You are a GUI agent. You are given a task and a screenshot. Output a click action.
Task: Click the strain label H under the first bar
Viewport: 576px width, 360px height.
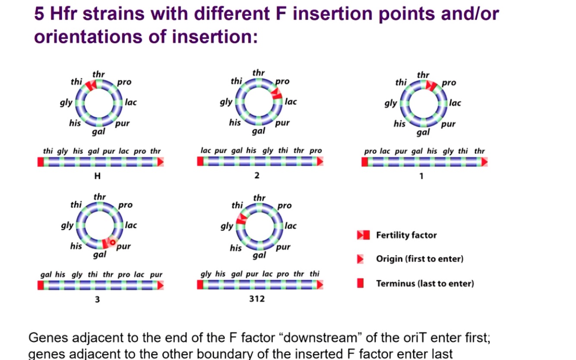pyautogui.click(x=98, y=176)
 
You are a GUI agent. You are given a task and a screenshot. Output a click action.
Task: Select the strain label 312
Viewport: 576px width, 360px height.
pyautogui.click(x=257, y=299)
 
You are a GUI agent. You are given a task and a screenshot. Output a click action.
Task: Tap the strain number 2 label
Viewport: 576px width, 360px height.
pyautogui.click(x=257, y=176)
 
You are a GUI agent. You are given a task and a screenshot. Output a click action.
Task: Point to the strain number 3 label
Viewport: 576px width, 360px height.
pyautogui.click(x=97, y=299)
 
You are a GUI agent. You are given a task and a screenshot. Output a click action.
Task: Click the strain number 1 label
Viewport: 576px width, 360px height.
pyautogui.click(x=421, y=176)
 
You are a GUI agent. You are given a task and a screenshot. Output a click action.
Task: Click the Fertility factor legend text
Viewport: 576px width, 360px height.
pyautogui.click(x=406, y=235)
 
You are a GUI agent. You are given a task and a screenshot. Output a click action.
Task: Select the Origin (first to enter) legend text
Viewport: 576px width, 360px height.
pyautogui.click(x=419, y=259)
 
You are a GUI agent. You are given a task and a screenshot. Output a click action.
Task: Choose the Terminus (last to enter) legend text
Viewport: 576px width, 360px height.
pyautogui.click(x=425, y=284)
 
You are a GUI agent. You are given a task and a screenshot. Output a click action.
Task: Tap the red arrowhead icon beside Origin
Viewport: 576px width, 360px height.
pyautogui.click(x=361, y=259)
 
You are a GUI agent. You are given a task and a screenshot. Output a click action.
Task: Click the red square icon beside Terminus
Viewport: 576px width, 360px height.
pyautogui.click(x=361, y=283)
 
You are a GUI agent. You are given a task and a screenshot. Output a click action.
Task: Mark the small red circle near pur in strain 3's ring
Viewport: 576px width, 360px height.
pyautogui.click(x=113, y=243)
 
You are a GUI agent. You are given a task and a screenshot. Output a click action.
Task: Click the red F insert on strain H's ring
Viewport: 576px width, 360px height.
pyautogui.click(x=91, y=85)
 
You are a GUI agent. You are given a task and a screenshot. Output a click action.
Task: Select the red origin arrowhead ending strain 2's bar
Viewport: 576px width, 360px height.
pyautogui.click(x=320, y=161)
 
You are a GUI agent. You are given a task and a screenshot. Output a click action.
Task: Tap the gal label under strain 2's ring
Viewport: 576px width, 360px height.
pyautogui.click(x=258, y=131)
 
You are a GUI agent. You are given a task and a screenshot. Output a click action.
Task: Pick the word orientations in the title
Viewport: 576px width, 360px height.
pyautogui.click(x=89, y=36)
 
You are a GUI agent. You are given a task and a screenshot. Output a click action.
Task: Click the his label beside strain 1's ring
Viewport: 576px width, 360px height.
pyautogui.click(x=399, y=124)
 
